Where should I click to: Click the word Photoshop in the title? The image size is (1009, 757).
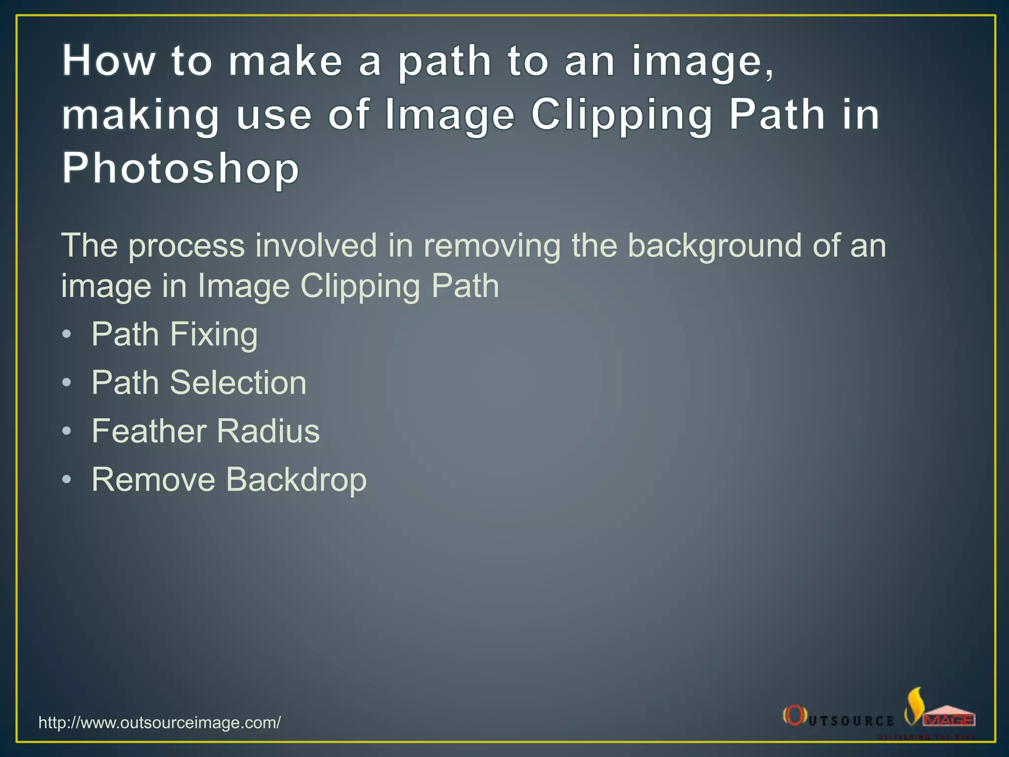coord(180,168)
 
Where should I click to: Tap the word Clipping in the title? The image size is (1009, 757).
coord(622,115)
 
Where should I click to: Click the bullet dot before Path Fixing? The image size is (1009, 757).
coord(67,335)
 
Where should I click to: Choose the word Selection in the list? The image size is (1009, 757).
coord(238,382)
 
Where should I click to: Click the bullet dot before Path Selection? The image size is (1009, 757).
coord(67,383)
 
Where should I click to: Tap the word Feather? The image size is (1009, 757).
coord(149,431)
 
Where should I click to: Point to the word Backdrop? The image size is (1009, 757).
coord(296,480)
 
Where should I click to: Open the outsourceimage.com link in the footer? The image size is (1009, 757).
coord(160,723)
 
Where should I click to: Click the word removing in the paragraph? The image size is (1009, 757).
coord(492,246)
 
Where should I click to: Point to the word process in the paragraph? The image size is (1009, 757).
coord(186,246)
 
